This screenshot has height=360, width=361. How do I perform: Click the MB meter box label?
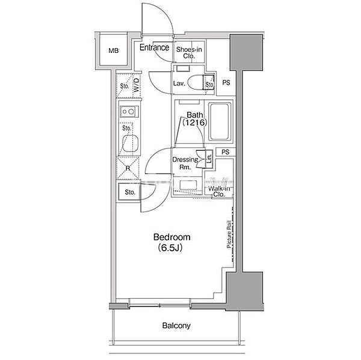click(114, 50)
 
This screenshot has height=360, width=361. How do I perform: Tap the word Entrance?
click(154, 47)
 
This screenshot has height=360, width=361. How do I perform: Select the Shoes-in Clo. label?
click(189, 52)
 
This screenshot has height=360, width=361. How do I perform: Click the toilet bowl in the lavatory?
click(195, 82)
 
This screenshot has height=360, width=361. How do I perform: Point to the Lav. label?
click(179, 84)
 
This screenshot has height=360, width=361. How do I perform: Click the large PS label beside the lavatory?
click(226, 82)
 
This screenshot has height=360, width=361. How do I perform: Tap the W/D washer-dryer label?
click(137, 85)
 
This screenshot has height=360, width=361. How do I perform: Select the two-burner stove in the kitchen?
click(129, 112)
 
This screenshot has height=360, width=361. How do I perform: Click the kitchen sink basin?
click(131, 143)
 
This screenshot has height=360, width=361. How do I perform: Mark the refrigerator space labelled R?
click(128, 168)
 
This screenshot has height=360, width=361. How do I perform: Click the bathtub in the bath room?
click(220, 121)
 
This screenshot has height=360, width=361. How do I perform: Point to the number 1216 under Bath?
click(195, 123)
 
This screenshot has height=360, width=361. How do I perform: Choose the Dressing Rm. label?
click(185, 163)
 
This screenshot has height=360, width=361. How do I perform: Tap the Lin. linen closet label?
click(209, 158)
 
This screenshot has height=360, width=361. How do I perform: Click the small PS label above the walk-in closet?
click(226, 152)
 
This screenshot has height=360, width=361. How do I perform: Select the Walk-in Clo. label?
click(219, 191)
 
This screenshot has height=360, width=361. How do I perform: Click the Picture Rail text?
click(229, 234)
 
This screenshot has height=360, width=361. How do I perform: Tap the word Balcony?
click(176, 326)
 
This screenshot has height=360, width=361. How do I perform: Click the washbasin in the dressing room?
click(188, 185)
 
